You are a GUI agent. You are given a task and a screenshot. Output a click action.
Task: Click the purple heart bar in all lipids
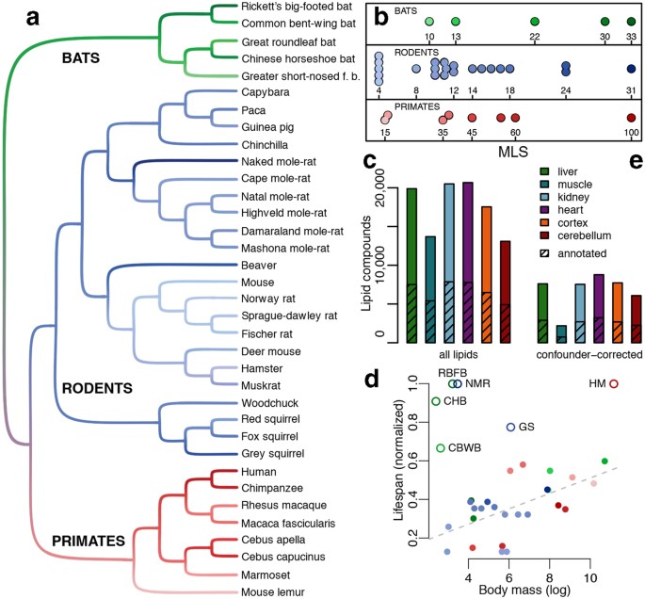pyautogui.click(x=468, y=263)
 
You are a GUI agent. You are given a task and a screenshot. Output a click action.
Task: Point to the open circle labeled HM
pyautogui.click(x=614, y=383)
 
